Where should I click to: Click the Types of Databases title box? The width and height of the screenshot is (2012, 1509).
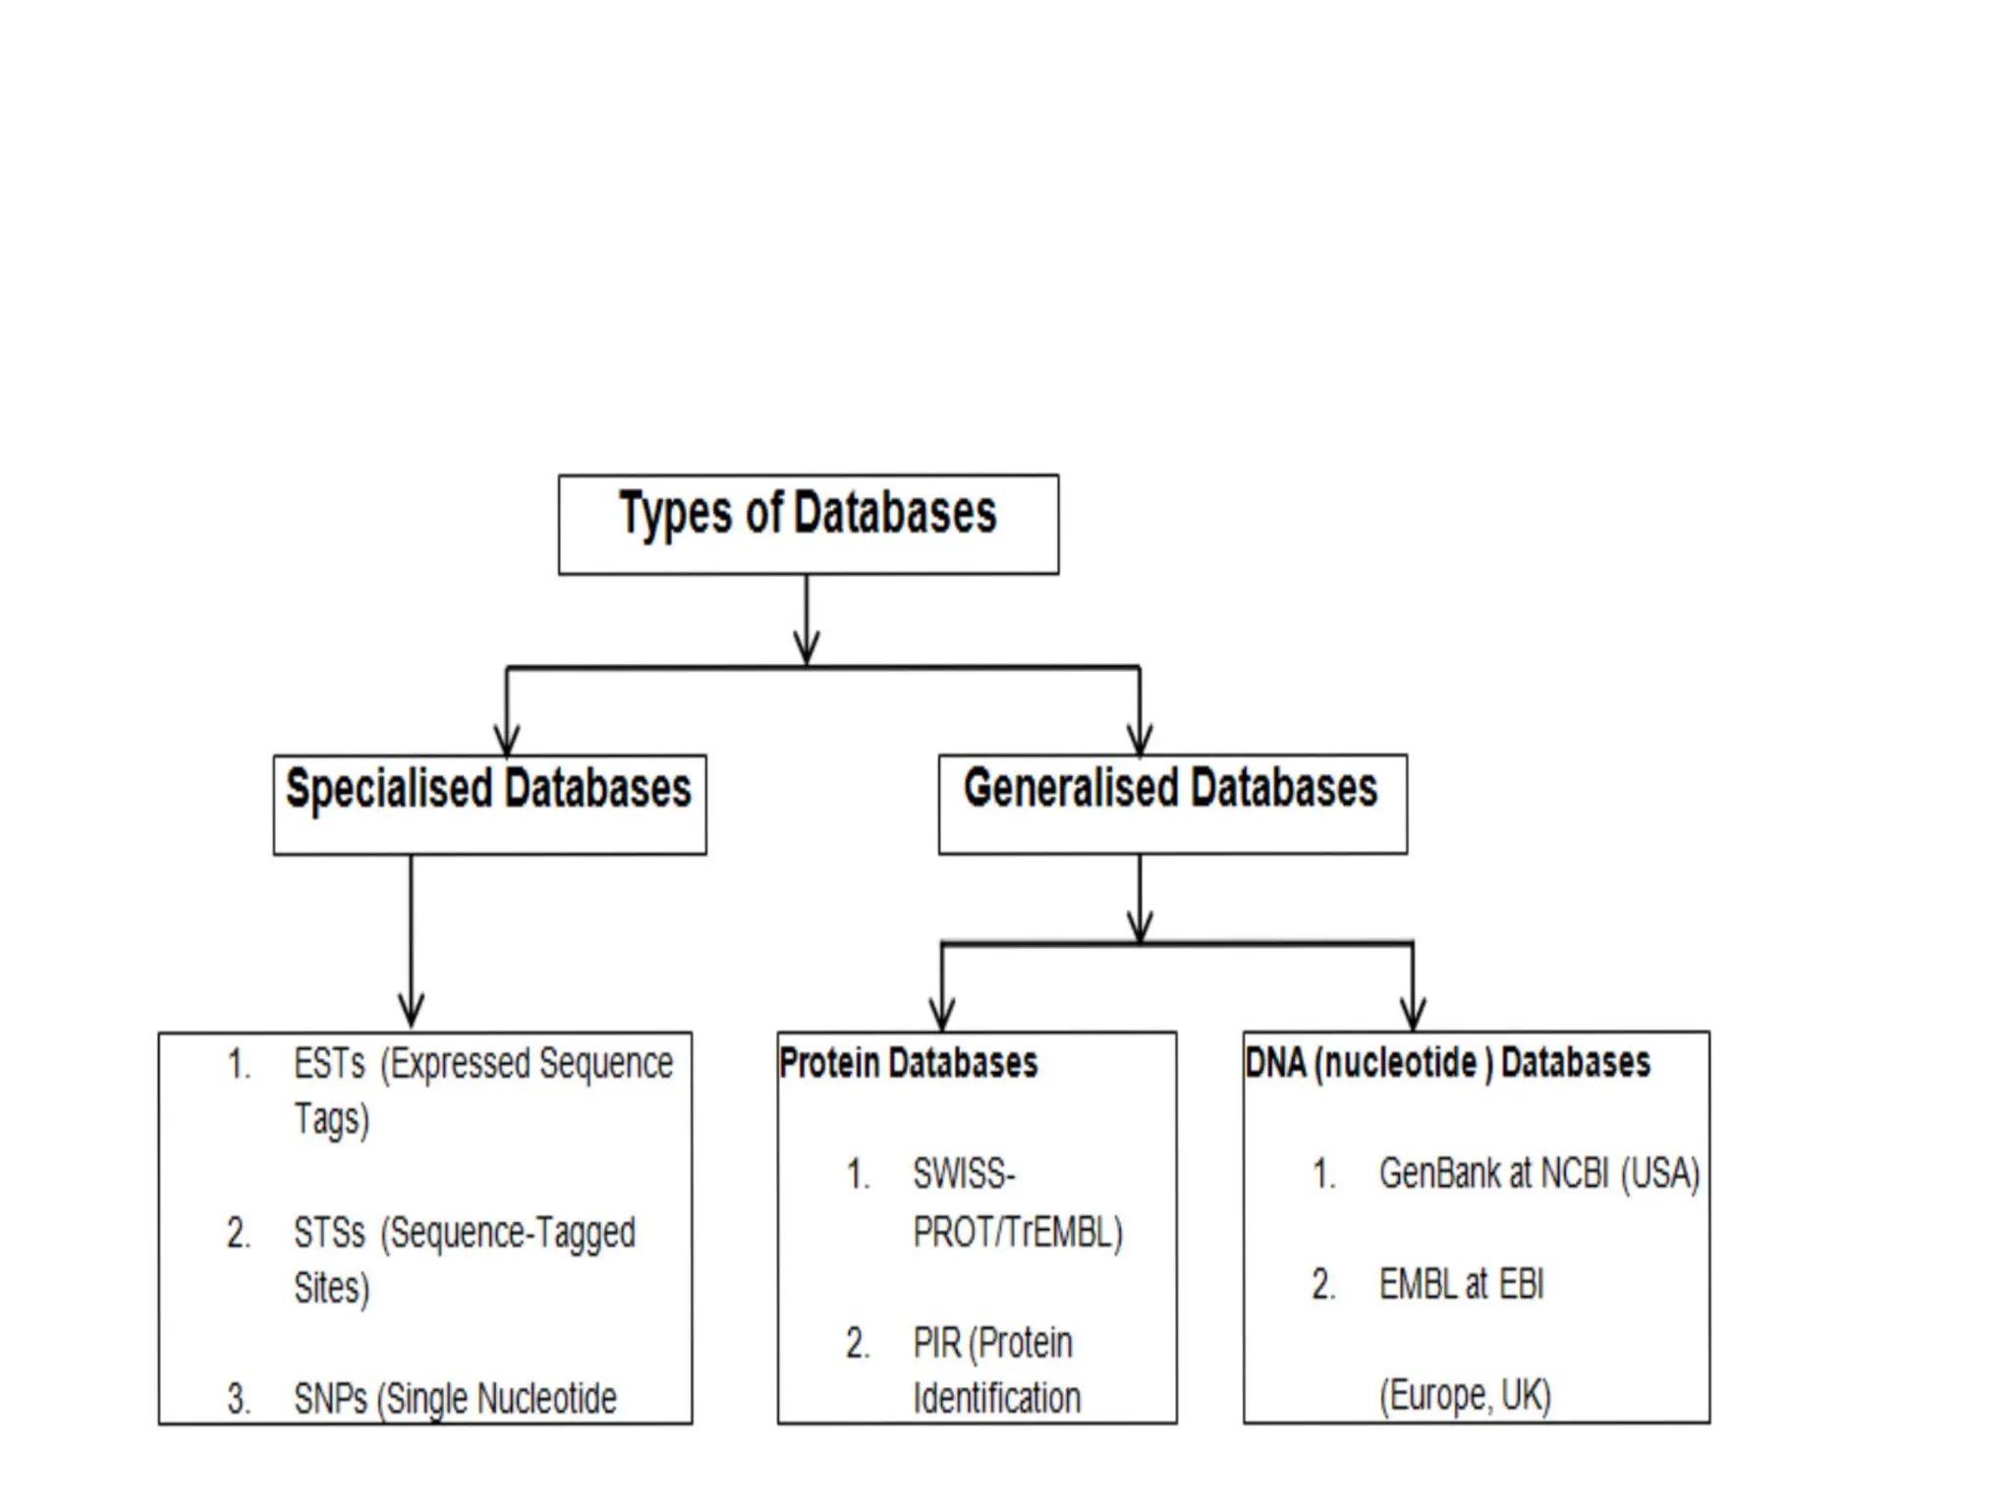808,524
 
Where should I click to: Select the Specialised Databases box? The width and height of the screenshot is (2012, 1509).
489,803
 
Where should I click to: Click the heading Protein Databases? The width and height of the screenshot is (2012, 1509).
908,1063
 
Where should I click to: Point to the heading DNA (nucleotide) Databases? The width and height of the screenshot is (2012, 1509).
1447,1063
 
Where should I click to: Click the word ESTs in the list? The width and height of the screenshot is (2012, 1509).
329,1064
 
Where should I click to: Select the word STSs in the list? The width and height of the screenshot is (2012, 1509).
329,1233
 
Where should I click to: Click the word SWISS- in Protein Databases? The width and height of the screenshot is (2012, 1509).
964,1174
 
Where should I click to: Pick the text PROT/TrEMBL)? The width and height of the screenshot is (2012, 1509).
1017,1232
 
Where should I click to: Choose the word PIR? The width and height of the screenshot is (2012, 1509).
936,1343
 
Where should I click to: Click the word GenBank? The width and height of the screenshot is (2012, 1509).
1440,1173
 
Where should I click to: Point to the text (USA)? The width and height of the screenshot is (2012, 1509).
1659,1174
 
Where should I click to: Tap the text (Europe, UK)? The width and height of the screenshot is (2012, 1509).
1465,1395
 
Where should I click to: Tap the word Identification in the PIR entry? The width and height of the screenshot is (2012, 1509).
996,1398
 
